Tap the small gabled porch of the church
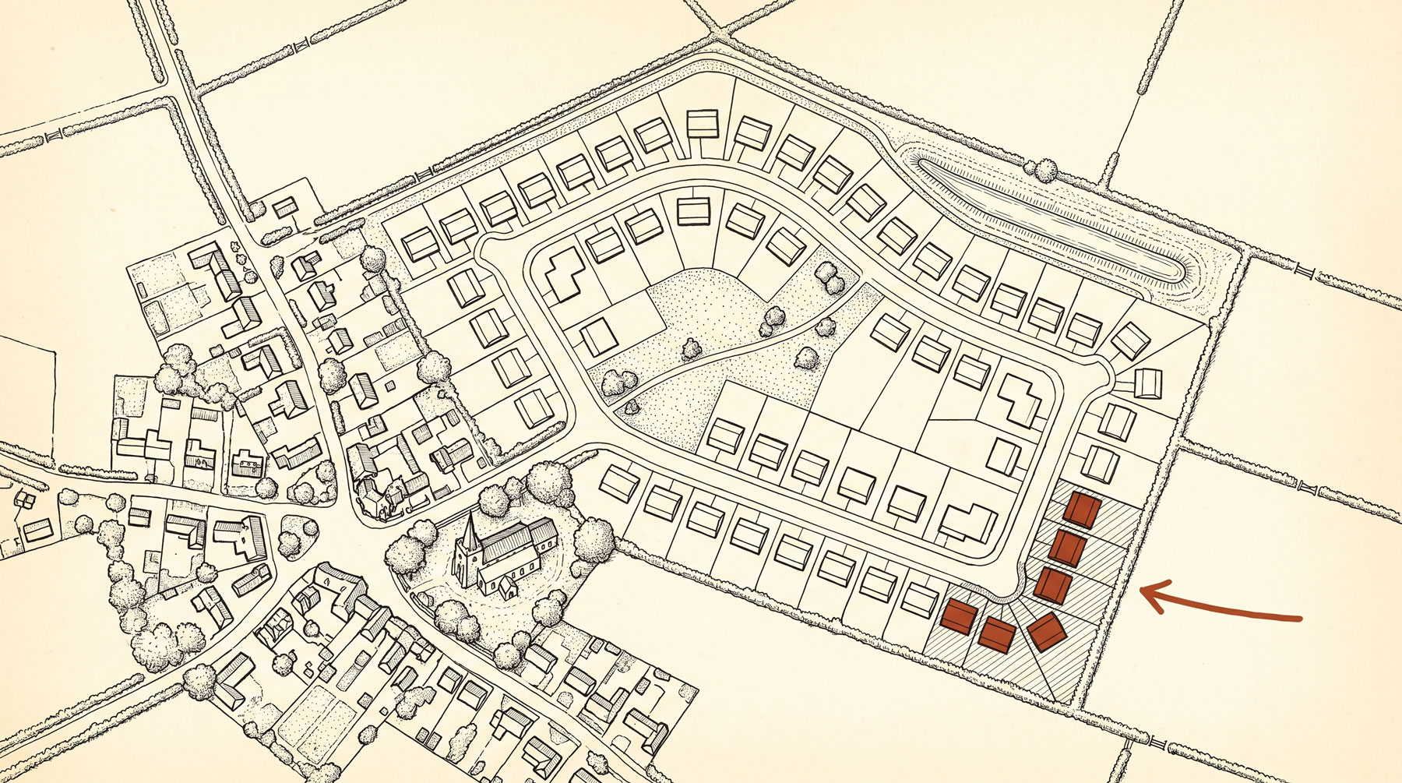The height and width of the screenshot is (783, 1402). [509, 587]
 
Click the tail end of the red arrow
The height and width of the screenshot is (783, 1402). [1299, 619]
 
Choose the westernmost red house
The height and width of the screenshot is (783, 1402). [958, 618]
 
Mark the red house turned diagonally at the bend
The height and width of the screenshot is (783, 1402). [1047, 631]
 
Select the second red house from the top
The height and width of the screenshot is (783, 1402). [1068, 547]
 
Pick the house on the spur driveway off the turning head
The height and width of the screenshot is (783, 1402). [1148, 383]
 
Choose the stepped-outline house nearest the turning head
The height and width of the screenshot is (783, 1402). [1021, 397]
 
